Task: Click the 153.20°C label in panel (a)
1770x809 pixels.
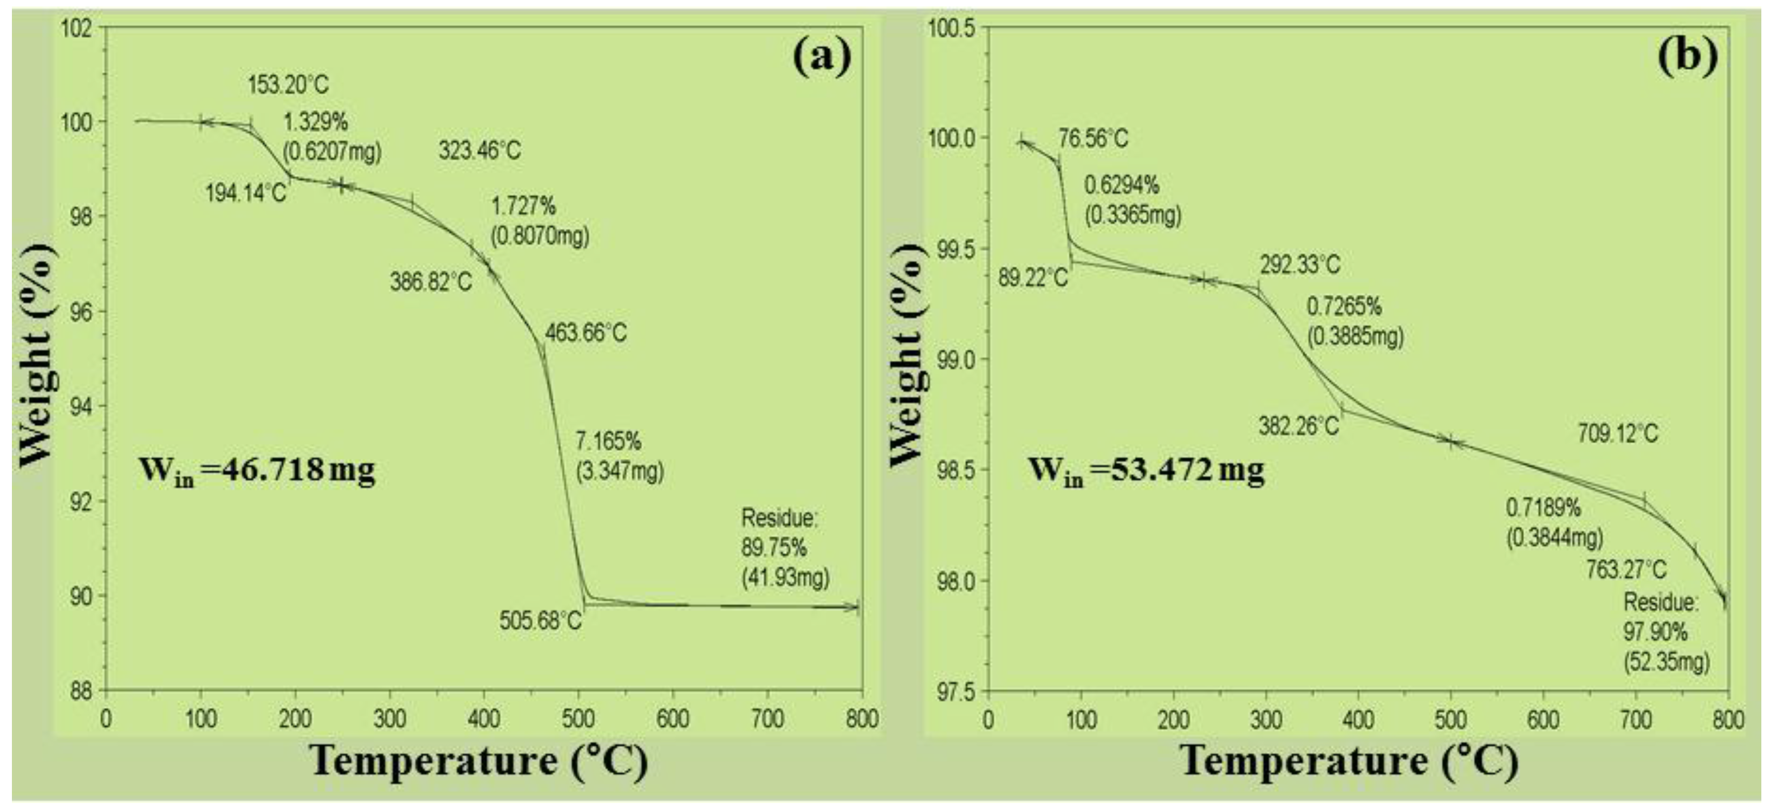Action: [x=288, y=85]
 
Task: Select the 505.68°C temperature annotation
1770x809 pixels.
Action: [x=540, y=622]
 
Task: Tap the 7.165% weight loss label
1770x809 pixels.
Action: [x=609, y=441]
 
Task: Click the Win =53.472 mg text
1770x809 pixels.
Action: [x=1146, y=471]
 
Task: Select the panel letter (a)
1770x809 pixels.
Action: [x=822, y=56]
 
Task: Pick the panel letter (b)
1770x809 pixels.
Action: [x=1688, y=56]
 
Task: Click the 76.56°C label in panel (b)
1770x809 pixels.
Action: [x=1092, y=139]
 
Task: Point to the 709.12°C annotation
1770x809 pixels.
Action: [x=1617, y=433]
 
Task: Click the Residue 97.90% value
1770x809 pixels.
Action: [x=1655, y=632]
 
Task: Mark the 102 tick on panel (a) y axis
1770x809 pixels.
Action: [x=80, y=29]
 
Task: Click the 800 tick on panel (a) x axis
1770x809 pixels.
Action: [x=862, y=719]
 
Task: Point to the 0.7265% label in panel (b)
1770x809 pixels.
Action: [x=1344, y=307]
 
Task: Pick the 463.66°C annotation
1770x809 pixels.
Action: [x=585, y=333]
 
